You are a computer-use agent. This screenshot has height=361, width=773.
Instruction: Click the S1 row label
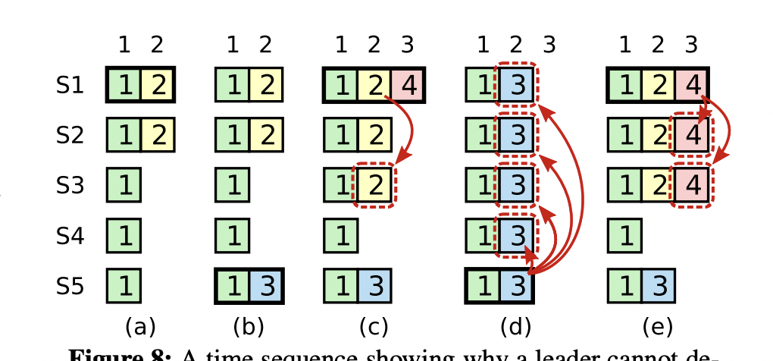point(70,86)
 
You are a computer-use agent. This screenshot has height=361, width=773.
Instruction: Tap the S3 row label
point(70,186)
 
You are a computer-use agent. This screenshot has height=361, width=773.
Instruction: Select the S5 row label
point(70,287)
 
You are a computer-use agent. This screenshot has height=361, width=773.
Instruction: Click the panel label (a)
point(139,327)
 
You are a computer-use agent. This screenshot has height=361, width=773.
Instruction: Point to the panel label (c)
point(374,327)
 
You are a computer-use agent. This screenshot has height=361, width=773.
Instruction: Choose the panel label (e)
point(657,327)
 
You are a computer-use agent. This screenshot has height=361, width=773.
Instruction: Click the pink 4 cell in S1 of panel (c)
point(408,86)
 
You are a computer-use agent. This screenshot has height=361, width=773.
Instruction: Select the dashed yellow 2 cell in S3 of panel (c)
point(374,186)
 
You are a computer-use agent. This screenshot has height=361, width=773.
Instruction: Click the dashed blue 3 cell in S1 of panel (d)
point(516,86)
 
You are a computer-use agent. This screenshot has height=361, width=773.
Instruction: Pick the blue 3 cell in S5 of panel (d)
point(516,287)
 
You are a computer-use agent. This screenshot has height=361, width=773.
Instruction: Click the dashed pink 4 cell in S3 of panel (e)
point(690,186)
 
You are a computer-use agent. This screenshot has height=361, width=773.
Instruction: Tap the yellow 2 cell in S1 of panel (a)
point(158,86)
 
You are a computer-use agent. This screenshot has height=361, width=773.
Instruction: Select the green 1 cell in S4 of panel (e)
point(624,237)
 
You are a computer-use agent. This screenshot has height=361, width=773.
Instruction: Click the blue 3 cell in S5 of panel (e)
point(657,287)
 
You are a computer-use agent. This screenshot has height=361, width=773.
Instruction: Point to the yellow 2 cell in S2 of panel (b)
point(265,136)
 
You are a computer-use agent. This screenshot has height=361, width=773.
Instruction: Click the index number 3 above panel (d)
point(549,46)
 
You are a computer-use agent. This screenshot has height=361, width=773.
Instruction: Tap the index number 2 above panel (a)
point(157,46)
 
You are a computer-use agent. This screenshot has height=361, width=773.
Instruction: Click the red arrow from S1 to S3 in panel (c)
point(409,133)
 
